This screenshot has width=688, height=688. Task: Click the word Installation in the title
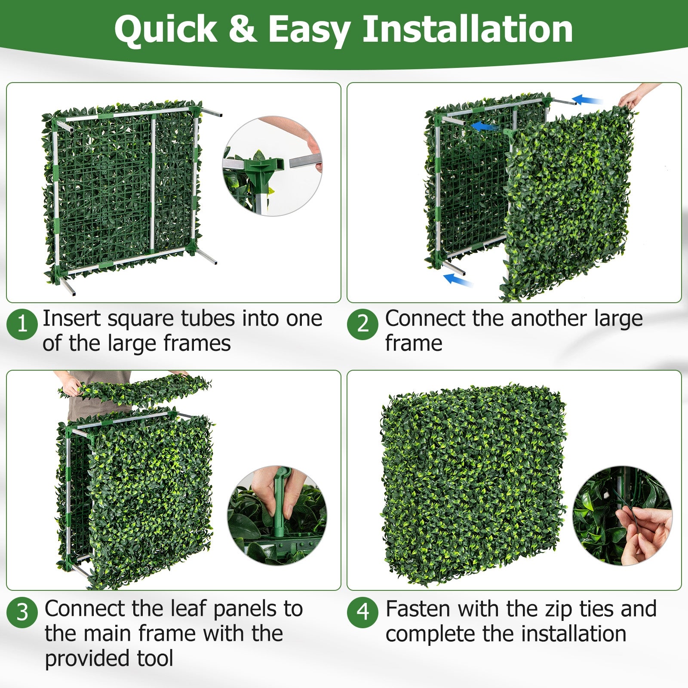pos(467,29)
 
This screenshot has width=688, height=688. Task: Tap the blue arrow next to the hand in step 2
pos(587,100)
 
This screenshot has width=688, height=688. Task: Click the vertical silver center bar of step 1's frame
pos(152,185)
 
